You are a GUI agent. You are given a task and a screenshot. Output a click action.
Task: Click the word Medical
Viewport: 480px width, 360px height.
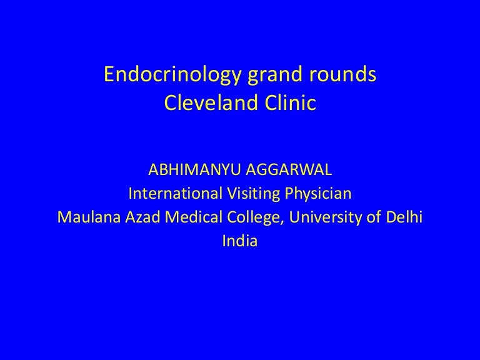click(174, 217)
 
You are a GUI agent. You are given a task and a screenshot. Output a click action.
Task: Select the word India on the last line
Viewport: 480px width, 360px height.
click(239, 241)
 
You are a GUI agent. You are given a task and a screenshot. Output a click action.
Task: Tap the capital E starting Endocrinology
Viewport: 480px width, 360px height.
click(109, 76)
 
